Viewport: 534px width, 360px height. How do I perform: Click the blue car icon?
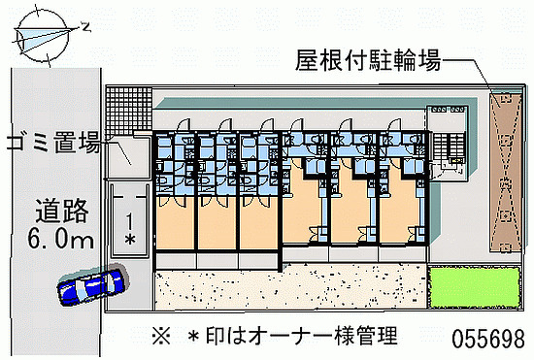93,284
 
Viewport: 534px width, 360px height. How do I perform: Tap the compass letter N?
86,26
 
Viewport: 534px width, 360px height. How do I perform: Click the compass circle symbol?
43,36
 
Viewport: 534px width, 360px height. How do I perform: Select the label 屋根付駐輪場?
368,60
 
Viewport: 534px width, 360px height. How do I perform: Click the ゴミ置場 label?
53,142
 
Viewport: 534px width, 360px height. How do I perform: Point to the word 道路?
62,211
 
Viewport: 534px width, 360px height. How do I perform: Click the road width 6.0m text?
60,238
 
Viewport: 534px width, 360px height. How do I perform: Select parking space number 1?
129,221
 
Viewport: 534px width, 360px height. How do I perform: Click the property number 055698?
488,339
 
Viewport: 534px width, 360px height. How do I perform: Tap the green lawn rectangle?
475,287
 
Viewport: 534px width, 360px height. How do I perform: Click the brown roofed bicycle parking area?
506,173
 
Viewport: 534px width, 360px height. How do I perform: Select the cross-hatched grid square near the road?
128,111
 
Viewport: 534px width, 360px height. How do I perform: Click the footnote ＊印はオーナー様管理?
293,336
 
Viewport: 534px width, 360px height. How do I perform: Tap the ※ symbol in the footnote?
161,336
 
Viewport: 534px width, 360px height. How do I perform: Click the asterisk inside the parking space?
130,240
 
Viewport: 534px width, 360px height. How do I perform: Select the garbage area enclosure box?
128,157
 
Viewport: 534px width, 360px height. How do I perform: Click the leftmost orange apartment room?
176,223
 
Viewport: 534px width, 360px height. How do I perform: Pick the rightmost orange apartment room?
399,210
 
